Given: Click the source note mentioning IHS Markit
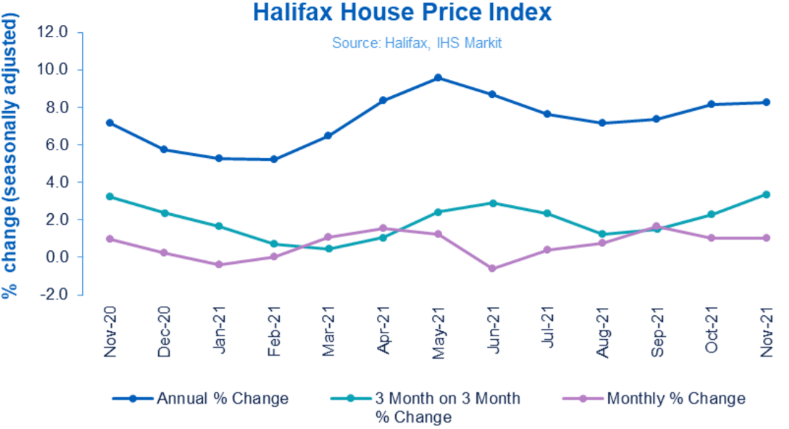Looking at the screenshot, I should coord(416,43).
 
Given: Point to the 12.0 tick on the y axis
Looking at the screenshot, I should coord(52,33).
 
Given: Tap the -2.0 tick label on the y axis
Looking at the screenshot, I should coord(52,294).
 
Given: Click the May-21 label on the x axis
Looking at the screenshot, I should coord(438,328).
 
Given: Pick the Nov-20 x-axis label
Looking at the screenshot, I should coord(110,328).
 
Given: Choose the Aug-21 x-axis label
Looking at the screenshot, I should coord(602,328).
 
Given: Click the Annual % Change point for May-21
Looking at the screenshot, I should coord(438,78).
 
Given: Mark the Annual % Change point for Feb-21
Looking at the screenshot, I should coord(274,159).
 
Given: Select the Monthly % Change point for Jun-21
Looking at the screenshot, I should coord(492,268).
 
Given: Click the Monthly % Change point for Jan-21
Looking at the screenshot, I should coord(219,265).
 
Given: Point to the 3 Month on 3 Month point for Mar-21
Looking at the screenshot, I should coord(328,249).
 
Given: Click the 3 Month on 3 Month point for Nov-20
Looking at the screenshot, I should coord(110,197).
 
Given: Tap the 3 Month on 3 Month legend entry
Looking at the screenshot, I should coord(443,406).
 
